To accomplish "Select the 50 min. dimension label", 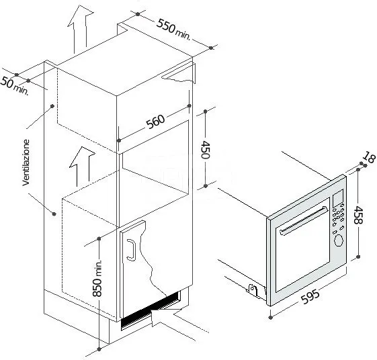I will [13, 86].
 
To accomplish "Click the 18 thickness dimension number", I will [367, 159].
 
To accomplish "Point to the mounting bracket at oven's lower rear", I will [253, 289].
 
